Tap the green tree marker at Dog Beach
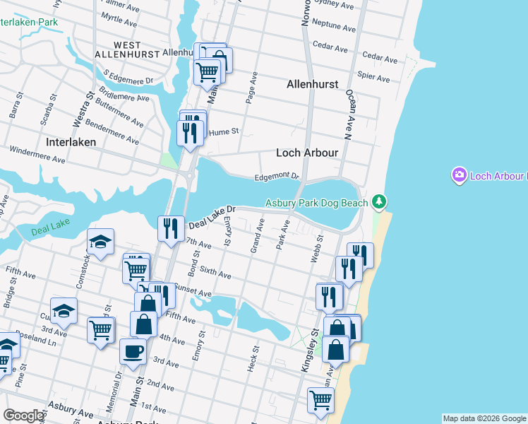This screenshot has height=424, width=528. coord(380,203)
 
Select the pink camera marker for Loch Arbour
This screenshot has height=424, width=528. coord(460,175)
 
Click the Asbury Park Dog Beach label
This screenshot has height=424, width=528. coord(316,204)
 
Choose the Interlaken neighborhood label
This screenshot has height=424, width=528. coord(71,142)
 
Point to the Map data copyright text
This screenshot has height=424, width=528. coord(484,418)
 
